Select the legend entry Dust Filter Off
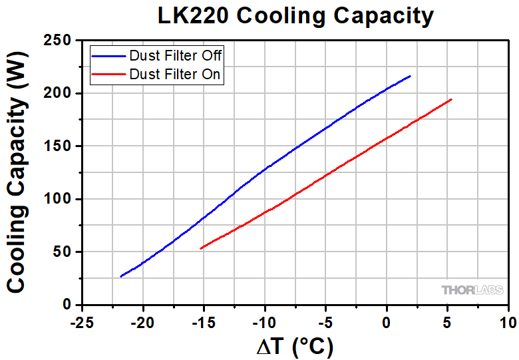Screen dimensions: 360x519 click(176, 55)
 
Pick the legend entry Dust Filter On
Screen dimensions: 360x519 click(175, 74)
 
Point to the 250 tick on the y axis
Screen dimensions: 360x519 click(60, 41)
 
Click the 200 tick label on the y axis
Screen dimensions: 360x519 click(60, 94)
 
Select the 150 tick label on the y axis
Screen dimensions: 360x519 click(60, 146)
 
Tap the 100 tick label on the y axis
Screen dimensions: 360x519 click(60, 200)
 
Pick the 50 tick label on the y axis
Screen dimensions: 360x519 click(64, 252)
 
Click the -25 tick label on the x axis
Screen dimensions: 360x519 click(82, 323)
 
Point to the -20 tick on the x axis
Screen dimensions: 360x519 click(142, 323)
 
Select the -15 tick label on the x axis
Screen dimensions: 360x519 click(203, 323)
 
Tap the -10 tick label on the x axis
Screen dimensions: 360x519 click(264, 323)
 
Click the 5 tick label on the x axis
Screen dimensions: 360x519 click(447, 323)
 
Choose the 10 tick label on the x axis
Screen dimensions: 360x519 click(508, 323)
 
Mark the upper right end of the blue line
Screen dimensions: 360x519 click(411, 76)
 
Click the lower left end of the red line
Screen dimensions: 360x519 click(200, 249)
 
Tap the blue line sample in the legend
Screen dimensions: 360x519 click(109, 55)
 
